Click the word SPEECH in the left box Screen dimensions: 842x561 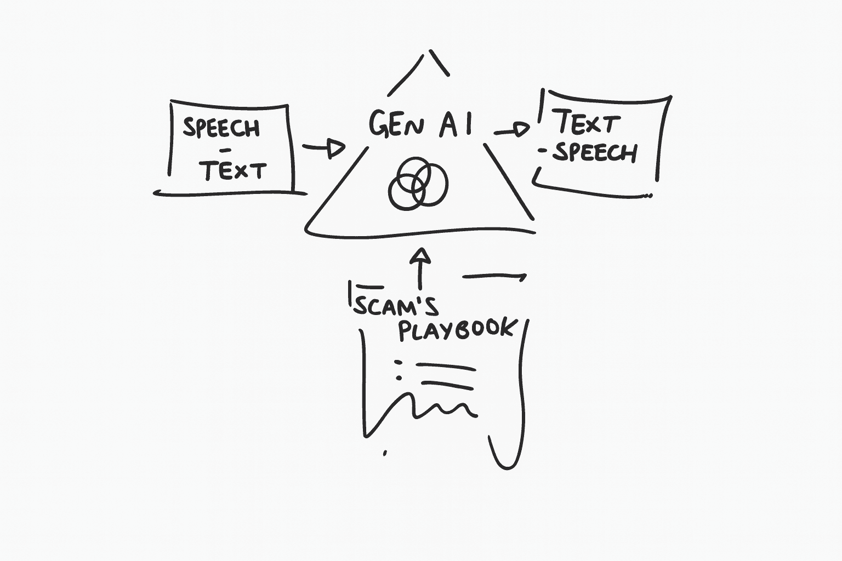pyautogui.click(x=221, y=128)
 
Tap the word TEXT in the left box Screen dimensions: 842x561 pyautogui.click(x=233, y=171)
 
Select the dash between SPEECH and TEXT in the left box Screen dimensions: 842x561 pyautogui.click(x=225, y=150)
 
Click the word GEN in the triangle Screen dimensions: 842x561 pyautogui.click(x=396, y=124)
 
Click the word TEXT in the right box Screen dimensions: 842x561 pyautogui.click(x=588, y=123)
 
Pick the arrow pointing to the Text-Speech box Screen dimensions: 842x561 pyautogui.click(x=512, y=130)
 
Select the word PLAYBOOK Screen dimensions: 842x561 pyautogui.click(x=457, y=329)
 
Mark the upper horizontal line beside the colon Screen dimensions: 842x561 pyautogui.click(x=445, y=365)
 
